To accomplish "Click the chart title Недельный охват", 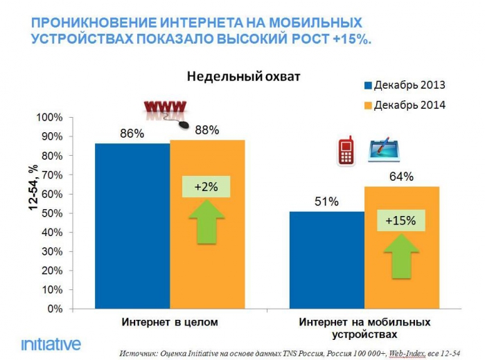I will pyautogui.click(x=243, y=77).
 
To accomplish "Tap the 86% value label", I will pyautogui.click(x=132, y=133).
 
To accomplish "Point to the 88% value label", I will pyautogui.click(x=206, y=129).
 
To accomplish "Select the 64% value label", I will pyautogui.click(x=401, y=177).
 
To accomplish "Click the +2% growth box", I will pyautogui.click(x=205, y=187).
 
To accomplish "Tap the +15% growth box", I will pyautogui.click(x=401, y=221).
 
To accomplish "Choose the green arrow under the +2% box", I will pyautogui.click(x=206, y=222).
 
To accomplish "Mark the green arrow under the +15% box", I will pyautogui.click(x=401, y=255).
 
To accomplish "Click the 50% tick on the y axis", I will pyautogui.click(x=55, y=213).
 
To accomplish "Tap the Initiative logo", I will pyautogui.click(x=51, y=344).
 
